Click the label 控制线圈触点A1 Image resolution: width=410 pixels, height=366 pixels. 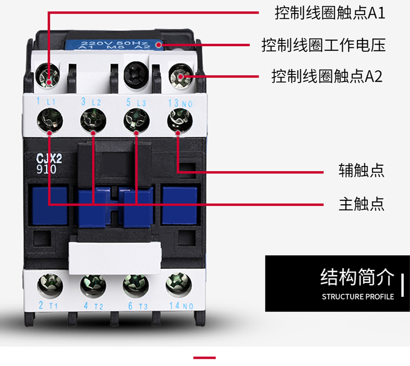330,13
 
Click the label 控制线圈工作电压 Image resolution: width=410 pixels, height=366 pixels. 323,45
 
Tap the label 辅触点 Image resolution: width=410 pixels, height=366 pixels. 362,171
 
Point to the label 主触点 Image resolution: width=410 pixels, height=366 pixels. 362,203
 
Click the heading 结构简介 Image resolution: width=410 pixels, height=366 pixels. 358,277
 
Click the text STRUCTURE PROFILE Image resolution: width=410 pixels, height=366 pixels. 358,297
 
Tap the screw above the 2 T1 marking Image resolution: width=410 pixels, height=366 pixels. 49,285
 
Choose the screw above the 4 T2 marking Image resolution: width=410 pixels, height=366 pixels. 92,285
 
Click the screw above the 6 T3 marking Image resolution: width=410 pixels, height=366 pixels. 135,285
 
